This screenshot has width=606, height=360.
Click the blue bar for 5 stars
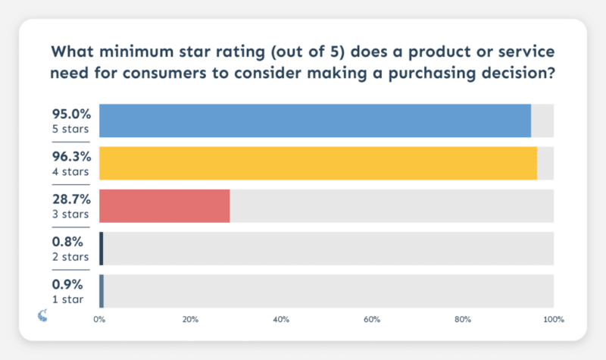314,121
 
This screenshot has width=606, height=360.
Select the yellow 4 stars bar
317,163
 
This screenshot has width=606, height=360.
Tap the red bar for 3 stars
164,205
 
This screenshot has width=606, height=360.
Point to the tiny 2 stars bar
101,249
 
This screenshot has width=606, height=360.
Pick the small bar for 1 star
102,291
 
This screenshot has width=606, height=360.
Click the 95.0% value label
71,114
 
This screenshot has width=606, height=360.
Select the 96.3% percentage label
71,157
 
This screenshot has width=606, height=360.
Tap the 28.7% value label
71,199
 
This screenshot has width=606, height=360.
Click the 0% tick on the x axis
99,320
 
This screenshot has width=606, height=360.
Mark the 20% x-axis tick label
190,320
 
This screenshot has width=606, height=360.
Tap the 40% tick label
281,320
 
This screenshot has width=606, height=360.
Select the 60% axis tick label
372,320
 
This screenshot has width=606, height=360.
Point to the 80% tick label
463,320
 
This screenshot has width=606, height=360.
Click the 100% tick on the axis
554,320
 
